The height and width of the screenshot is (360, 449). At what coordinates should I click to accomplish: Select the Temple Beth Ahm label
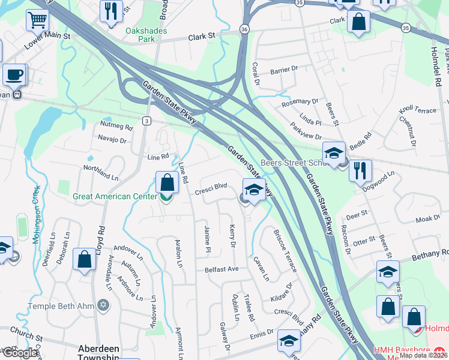[61, 306]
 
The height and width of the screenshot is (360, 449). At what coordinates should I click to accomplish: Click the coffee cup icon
[14, 76]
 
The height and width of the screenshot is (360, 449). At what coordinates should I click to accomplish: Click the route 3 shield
[146, 121]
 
